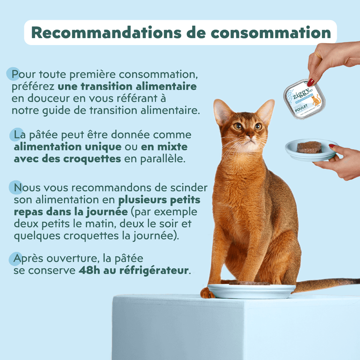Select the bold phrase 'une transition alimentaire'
pyautogui.click(x=127, y=87)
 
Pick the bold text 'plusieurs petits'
pyautogui.click(x=159, y=200)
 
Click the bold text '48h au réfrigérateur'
pyautogui.click(x=133, y=270)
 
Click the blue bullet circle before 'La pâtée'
pyautogui.click(x=16, y=134)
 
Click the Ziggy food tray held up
pyautogui.click(x=305, y=99)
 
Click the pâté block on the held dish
pyautogui.click(x=309, y=147)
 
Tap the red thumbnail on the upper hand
pyautogui.click(x=311, y=81)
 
